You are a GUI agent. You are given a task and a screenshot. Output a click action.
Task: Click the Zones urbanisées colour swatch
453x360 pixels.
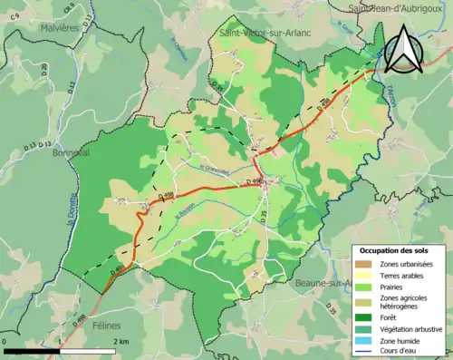(x=366, y=263)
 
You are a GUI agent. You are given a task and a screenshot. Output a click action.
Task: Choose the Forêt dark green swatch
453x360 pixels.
(x=366, y=316)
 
